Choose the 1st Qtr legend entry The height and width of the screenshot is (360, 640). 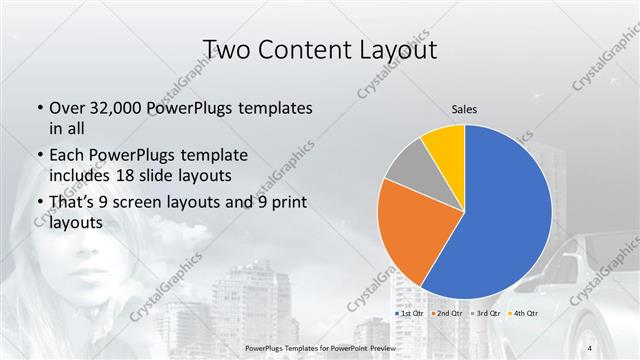coord(410,314)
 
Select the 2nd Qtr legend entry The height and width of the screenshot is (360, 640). coord(448,314)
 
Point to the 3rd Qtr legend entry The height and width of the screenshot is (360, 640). coord(485,314)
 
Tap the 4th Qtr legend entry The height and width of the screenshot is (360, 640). coord(523,314)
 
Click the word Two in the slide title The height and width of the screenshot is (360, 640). coord(227,49)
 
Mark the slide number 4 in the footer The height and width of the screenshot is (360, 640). coord(589,347)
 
